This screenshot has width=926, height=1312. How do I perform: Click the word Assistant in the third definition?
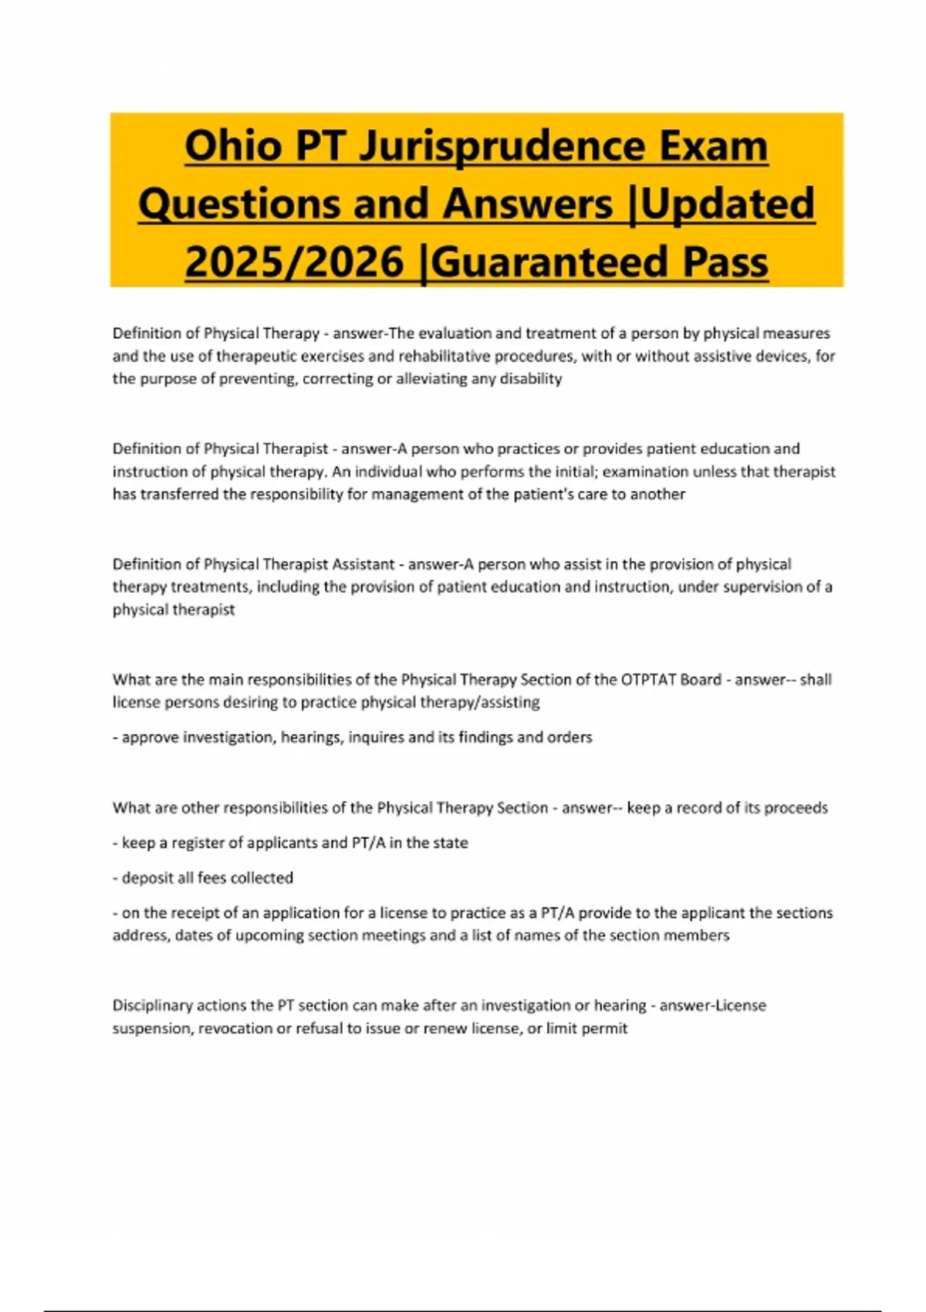point(363,564)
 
